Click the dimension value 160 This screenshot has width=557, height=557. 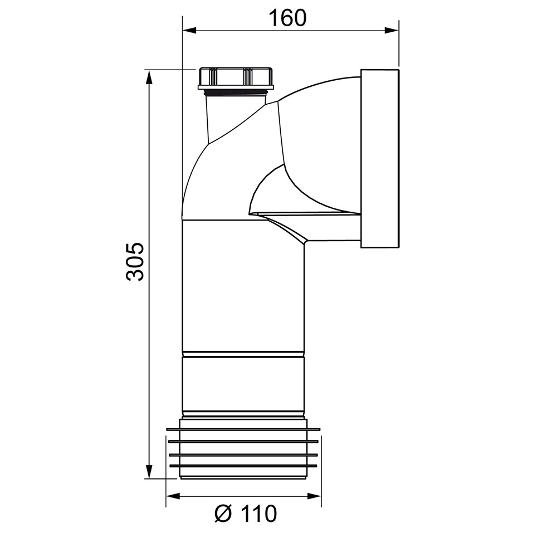pyautogui.click(x=287, y=18)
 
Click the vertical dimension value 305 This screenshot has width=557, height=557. pyautogui.click(x=135, y=262)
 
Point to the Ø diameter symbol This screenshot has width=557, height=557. pyautogui.click(x=224, y=514)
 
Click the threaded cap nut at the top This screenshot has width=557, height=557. pyautogui.click(x=236, y=77)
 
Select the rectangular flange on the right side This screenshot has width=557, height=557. pyautogui.click(x=380, y=159)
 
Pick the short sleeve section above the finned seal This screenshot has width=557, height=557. pyautogui.click(x=243, y=384)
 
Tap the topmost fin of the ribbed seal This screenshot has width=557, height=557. pyautogui.click(x=243, y=429)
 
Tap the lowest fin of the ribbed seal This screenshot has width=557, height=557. pyautogui.click(x=243, y=465)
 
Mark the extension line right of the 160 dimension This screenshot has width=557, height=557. pyautogui.click(x=399, y=45)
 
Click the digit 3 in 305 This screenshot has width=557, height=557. pyautogui.click(x=135, y=274)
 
